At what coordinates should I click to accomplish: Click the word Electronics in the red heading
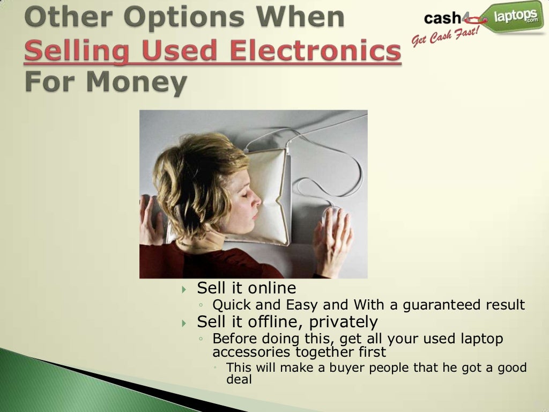point(315,52)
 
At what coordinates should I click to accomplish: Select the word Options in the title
point(168,18)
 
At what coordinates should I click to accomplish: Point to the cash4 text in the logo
point(443,19)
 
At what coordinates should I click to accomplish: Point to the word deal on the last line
point(239,379)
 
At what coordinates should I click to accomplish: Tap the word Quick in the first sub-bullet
point(232,305)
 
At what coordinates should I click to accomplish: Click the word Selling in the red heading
point(77,52)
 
